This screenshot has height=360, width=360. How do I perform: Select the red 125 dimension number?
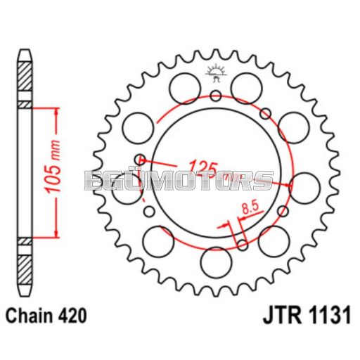pyautogui.click(x=202, y=167)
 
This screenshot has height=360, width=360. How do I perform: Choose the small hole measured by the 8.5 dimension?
pyautogui.click(x=242, y=245)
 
